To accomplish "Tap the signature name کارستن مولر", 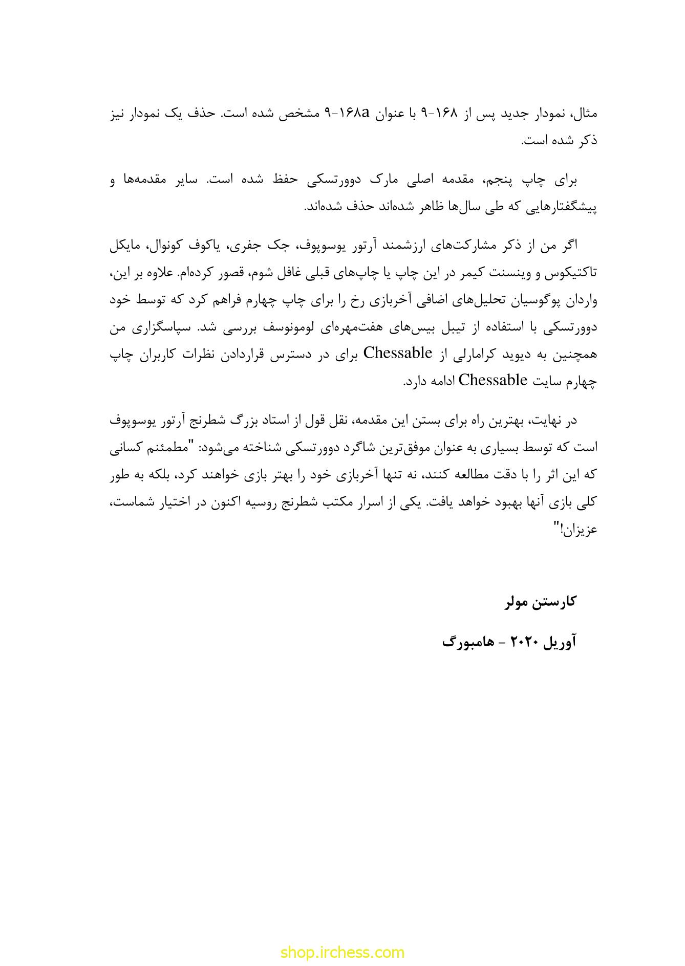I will pos(541,601).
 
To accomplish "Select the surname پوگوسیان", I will pos(536,301).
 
